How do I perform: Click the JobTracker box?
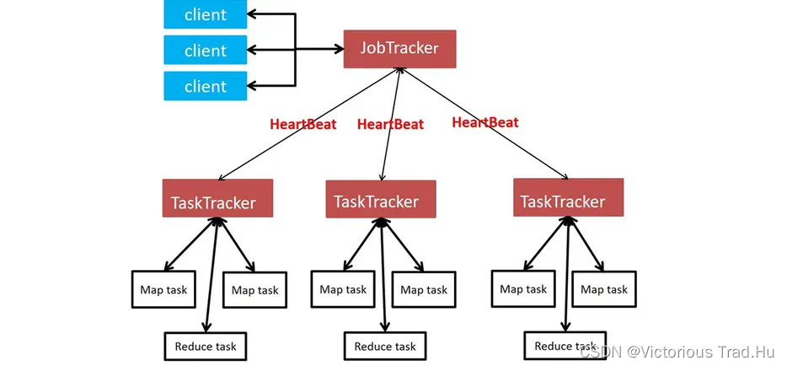(399, 49)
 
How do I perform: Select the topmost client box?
(206, 14)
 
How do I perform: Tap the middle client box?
(206, 50)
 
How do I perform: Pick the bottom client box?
(206, 86)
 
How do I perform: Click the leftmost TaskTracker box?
(217, 198)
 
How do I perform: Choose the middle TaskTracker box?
(381, 199)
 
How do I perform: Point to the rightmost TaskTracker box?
(568, 197)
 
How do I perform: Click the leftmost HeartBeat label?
(303, 125)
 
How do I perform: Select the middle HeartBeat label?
(390, 124)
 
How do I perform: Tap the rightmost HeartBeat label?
(485, 122)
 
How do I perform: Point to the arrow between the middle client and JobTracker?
(295, 49)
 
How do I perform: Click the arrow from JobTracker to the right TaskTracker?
(485, 123)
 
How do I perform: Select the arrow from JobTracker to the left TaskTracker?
(308, 124)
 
